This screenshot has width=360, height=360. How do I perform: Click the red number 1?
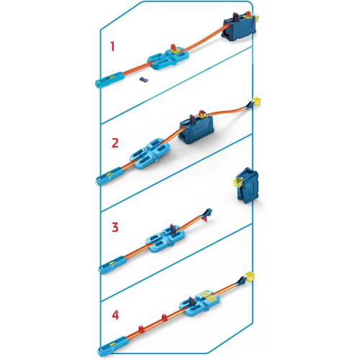point(112,47)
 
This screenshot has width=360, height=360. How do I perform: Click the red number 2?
point(114,142)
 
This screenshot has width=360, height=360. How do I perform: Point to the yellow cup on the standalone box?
point(235,186)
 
